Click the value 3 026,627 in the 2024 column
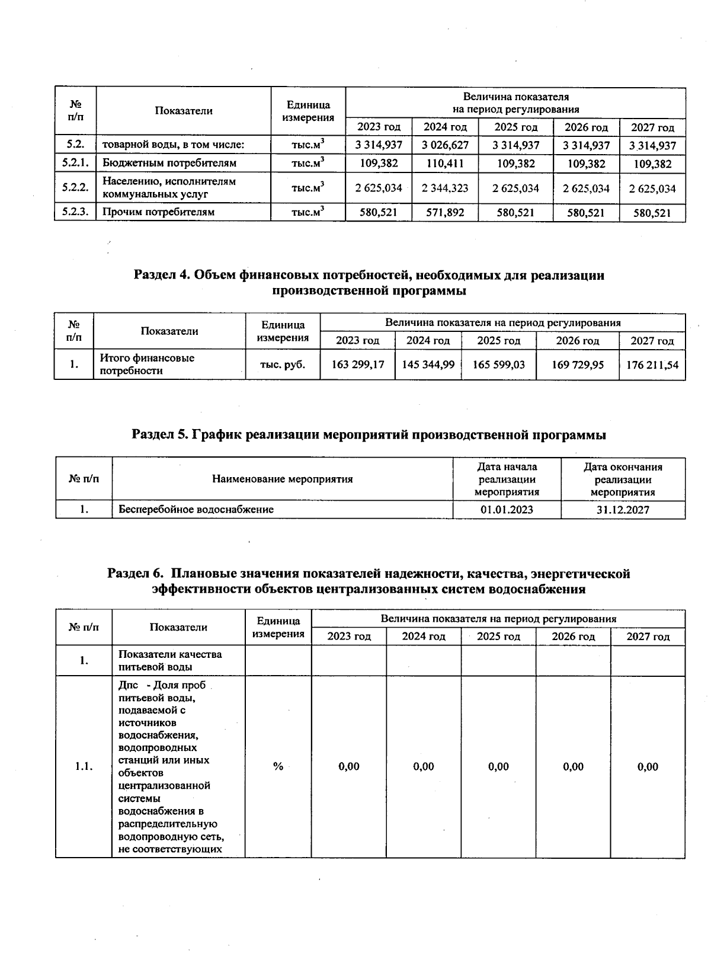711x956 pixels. (445, 145)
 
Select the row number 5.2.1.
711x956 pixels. (75, 163)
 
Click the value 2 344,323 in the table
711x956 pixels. (445, 188)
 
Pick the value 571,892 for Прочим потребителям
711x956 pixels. (445, 212)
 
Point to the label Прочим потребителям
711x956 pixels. (158, 212)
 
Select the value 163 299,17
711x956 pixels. (357, 365)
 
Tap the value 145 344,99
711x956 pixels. (428, 365)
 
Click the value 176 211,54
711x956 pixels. (652, 365)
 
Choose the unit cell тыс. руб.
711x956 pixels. (283, 365)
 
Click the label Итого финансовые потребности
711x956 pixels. (147, 365)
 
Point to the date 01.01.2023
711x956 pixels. (507, 510)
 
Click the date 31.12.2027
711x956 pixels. (623, 510)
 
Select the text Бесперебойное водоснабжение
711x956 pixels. (196, 510)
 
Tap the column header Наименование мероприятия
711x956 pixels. (282, 479)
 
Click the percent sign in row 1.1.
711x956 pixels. (278, 766)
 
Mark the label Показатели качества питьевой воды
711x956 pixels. (170, 660)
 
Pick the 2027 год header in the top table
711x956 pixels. (652, 127)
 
